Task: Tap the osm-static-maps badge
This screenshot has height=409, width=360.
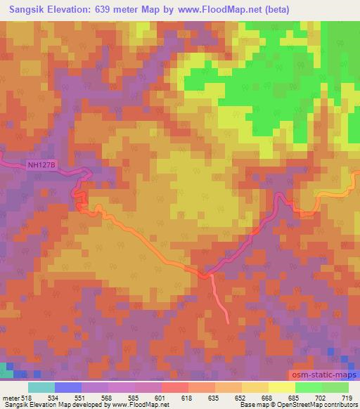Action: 324,377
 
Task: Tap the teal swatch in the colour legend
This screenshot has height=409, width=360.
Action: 41,387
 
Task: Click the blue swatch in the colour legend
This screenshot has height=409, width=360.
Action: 67,387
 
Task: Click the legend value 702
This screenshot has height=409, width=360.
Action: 321,398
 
